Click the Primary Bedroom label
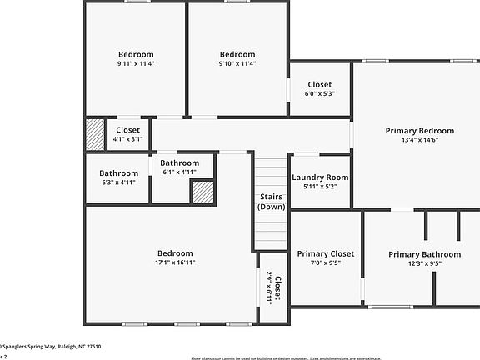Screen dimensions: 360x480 point(419,131)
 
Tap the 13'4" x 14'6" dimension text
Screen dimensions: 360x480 point(419,141)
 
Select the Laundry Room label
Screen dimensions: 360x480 point(320,177)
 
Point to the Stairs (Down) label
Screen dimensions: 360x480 point(271,202)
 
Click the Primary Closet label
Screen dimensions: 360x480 point(326,254)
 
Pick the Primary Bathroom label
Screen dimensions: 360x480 point(424,254)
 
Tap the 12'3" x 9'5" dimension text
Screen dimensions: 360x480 point(424,264)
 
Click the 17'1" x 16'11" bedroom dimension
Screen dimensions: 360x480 point(174,263)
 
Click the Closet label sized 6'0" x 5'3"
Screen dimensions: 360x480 point(320,84)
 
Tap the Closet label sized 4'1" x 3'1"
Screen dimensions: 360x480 point(127,130)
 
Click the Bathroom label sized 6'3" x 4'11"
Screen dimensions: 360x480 point(117,173)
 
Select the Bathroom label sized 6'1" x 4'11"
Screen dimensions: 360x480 point(179,162)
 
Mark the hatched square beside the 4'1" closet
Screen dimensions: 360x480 point(94,134)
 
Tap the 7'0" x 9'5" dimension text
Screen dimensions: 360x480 point(326,264)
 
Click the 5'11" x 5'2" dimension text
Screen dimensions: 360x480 point(320,187)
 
